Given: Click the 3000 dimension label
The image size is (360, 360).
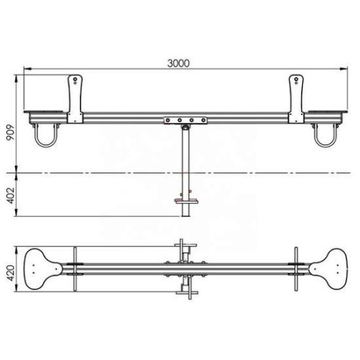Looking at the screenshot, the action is coord(179,63).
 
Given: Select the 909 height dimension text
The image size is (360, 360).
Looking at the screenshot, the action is coord(11,132).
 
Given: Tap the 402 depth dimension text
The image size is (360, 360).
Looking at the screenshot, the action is coord(11,196).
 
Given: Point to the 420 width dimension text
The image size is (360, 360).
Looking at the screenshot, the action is coord(11,273).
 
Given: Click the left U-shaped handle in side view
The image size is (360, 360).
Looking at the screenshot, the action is coord(45,144).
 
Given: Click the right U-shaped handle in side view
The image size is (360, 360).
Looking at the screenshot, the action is coord(325,144).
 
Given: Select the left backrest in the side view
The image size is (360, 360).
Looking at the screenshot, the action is coord(75,99).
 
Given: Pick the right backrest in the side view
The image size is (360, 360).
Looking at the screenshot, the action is coord(297,99).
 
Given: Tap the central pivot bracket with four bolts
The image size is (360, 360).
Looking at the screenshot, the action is coord(186,120).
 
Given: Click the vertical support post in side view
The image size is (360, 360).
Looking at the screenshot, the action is coord(186,171).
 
